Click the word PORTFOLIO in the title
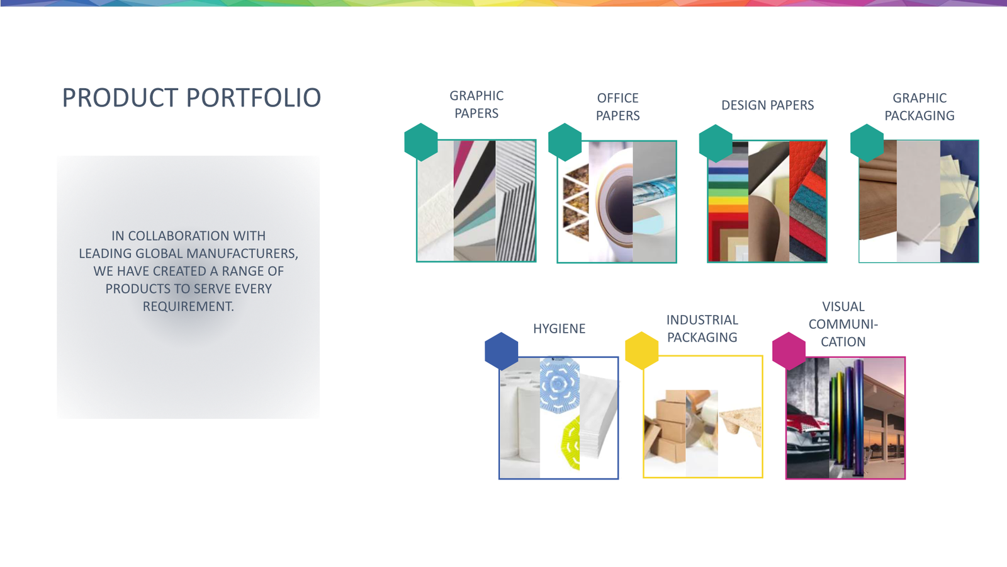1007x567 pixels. tap(254, 98)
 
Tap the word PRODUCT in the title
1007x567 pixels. tap(120, 98)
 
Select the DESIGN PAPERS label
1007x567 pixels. tap(767, 105)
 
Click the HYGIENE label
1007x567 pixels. tap(560, 329)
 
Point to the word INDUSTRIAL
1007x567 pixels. tap(702, 320)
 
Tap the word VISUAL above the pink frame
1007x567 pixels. tap(843, 306)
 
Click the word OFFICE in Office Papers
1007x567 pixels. tap(617, 98)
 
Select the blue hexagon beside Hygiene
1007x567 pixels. tap(501, 351)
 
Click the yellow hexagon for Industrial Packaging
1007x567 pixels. tap(641, 350)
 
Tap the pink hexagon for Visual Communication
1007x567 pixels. tap(789, 351)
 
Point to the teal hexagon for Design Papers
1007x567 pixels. tap(716, 144)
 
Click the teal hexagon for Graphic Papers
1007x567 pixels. tap(421, 142)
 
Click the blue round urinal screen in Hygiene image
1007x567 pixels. tap(560, 385)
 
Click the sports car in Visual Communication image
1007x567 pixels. tap(808, 444)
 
